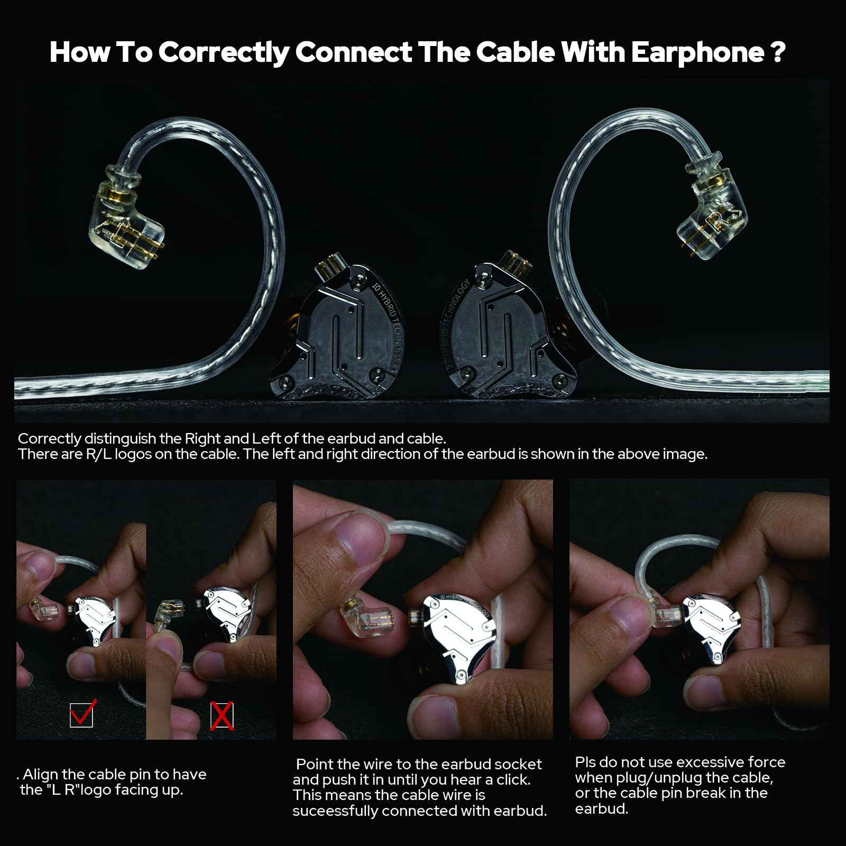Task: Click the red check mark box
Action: click(81, 714)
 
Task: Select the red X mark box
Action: click(222, 716)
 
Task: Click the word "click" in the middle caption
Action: click(513, 779)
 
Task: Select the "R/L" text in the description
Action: click(98, 454)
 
